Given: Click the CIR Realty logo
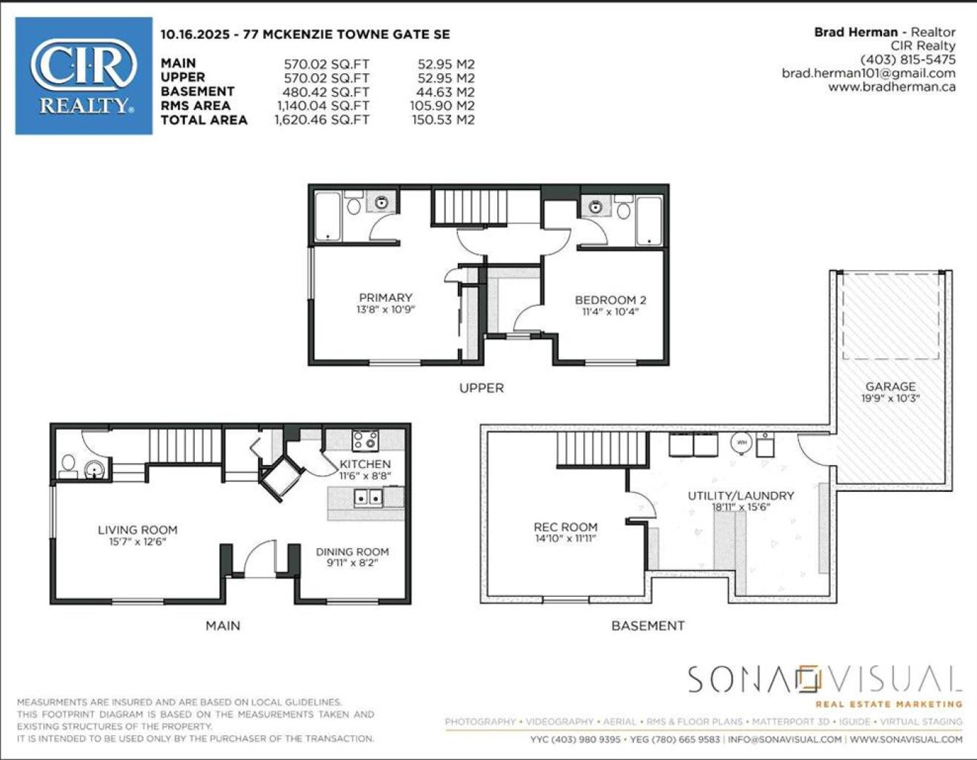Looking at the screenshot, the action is [84, 75].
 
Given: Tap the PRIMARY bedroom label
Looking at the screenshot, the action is [385, 298].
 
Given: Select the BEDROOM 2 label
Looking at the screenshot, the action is [610, 300].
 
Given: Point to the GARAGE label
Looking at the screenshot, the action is [890, 387].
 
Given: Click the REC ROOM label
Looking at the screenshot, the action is [565, 527].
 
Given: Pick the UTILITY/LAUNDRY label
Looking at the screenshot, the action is [741, 495].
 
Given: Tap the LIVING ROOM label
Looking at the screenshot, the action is [138, 530].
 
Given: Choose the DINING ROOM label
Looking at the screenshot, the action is [352, 552].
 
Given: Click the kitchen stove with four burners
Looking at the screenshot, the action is [365, 441].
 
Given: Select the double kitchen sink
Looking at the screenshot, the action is [369, 498].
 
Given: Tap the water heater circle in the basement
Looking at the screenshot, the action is [741, 443].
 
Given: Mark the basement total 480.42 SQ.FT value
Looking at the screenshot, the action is [326, 92].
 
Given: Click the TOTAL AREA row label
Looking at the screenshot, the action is [204, 120].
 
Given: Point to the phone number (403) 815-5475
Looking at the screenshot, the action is [908, 60].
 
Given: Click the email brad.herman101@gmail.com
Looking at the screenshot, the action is [869, 73].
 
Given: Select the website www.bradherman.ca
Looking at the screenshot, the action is [892, 87].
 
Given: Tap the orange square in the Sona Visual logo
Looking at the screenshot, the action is [807, 680].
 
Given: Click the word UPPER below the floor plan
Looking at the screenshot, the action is [482, 388].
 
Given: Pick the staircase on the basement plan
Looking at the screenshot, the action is [603, 449].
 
